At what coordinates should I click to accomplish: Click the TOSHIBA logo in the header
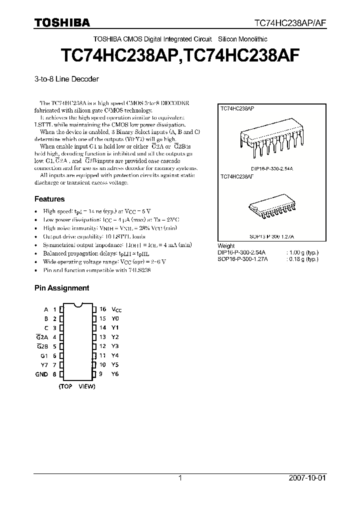coord(62,22)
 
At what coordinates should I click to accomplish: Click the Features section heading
coord(49,199)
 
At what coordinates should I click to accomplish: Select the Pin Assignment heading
coord(61,288)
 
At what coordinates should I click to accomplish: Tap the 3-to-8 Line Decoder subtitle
coord(66,79)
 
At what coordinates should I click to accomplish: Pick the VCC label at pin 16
coord(116,310)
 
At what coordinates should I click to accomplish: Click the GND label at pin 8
coord(41,374)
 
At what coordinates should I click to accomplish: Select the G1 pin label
coord(44,355)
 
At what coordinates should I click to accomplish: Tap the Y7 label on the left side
coord(44,364)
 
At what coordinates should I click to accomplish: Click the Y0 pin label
coord(115,318)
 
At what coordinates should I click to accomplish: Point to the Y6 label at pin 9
coord(115,374)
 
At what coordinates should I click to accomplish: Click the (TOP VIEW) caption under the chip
coord(77,386)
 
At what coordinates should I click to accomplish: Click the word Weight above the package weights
coord(226,246)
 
